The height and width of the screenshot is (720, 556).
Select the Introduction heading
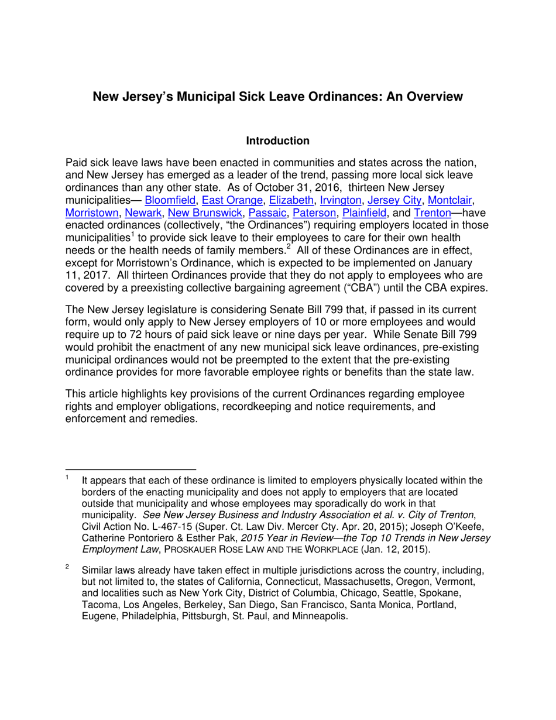point(277,141)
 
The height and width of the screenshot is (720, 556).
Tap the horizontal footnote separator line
point(131,469)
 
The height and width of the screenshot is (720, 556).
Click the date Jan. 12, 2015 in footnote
point(400,550)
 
